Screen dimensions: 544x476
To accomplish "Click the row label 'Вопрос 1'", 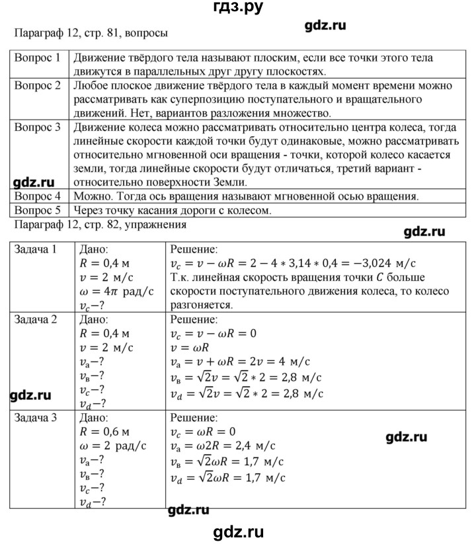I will [x=38, y=58].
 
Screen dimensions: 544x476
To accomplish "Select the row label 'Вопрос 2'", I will [x=38, y=87].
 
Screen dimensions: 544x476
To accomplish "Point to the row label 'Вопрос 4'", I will [x=38, y=196].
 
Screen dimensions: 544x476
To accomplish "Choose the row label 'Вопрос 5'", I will [x=38, y=210].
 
